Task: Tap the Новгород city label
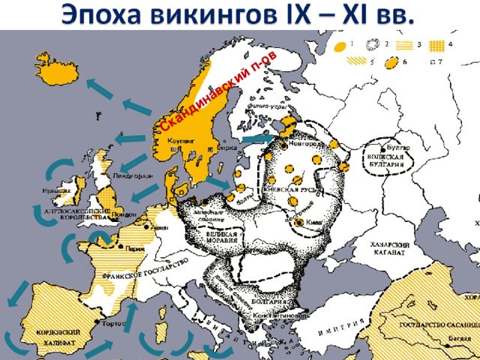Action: coord(301,145)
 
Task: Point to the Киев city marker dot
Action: coord(300,223)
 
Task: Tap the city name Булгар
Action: coord(399,148)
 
